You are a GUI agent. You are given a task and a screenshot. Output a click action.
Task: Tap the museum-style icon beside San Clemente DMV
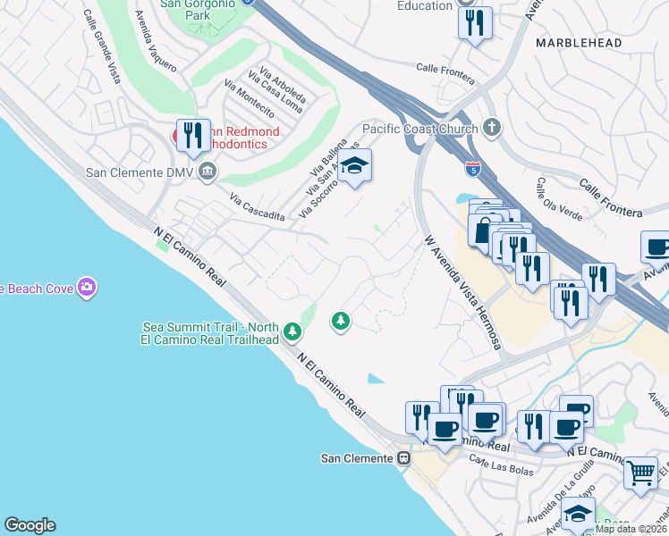207,171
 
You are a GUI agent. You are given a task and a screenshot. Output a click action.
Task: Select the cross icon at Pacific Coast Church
491,128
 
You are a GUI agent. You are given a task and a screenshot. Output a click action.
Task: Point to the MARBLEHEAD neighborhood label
573,42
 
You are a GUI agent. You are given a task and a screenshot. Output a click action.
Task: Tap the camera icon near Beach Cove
86,287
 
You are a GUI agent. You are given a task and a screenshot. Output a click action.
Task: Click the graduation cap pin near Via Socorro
355,165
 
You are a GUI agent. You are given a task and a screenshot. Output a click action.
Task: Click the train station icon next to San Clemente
404,458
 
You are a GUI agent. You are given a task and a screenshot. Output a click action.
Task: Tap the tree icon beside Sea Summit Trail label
292,333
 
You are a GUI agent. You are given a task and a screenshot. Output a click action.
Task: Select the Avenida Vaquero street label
156,39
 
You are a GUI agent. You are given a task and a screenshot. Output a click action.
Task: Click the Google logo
30,525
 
